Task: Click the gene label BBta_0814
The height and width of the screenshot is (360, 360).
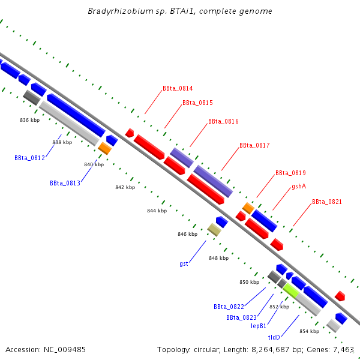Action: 178,89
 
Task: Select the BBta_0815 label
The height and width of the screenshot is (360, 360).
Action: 197,103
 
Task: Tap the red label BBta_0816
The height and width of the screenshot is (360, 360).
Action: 223,121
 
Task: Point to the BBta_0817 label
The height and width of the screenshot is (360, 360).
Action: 254,146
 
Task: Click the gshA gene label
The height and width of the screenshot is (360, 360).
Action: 299,187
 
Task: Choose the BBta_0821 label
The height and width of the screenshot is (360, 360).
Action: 327,202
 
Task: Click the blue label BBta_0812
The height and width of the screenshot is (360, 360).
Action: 29,158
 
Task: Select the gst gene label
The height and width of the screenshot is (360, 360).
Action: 184,263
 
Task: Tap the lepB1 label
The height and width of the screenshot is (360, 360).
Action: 259,326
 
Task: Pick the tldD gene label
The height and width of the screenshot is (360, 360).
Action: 274,337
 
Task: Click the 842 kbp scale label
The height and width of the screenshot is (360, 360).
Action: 125,187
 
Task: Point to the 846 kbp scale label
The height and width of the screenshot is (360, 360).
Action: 188,234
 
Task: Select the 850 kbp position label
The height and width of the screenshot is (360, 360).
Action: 250,282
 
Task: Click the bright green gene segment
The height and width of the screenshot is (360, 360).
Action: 290,290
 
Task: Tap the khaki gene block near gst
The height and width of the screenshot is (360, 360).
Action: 214,230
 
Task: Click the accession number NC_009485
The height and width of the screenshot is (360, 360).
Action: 65,350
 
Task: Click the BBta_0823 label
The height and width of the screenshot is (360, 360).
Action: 241,318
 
